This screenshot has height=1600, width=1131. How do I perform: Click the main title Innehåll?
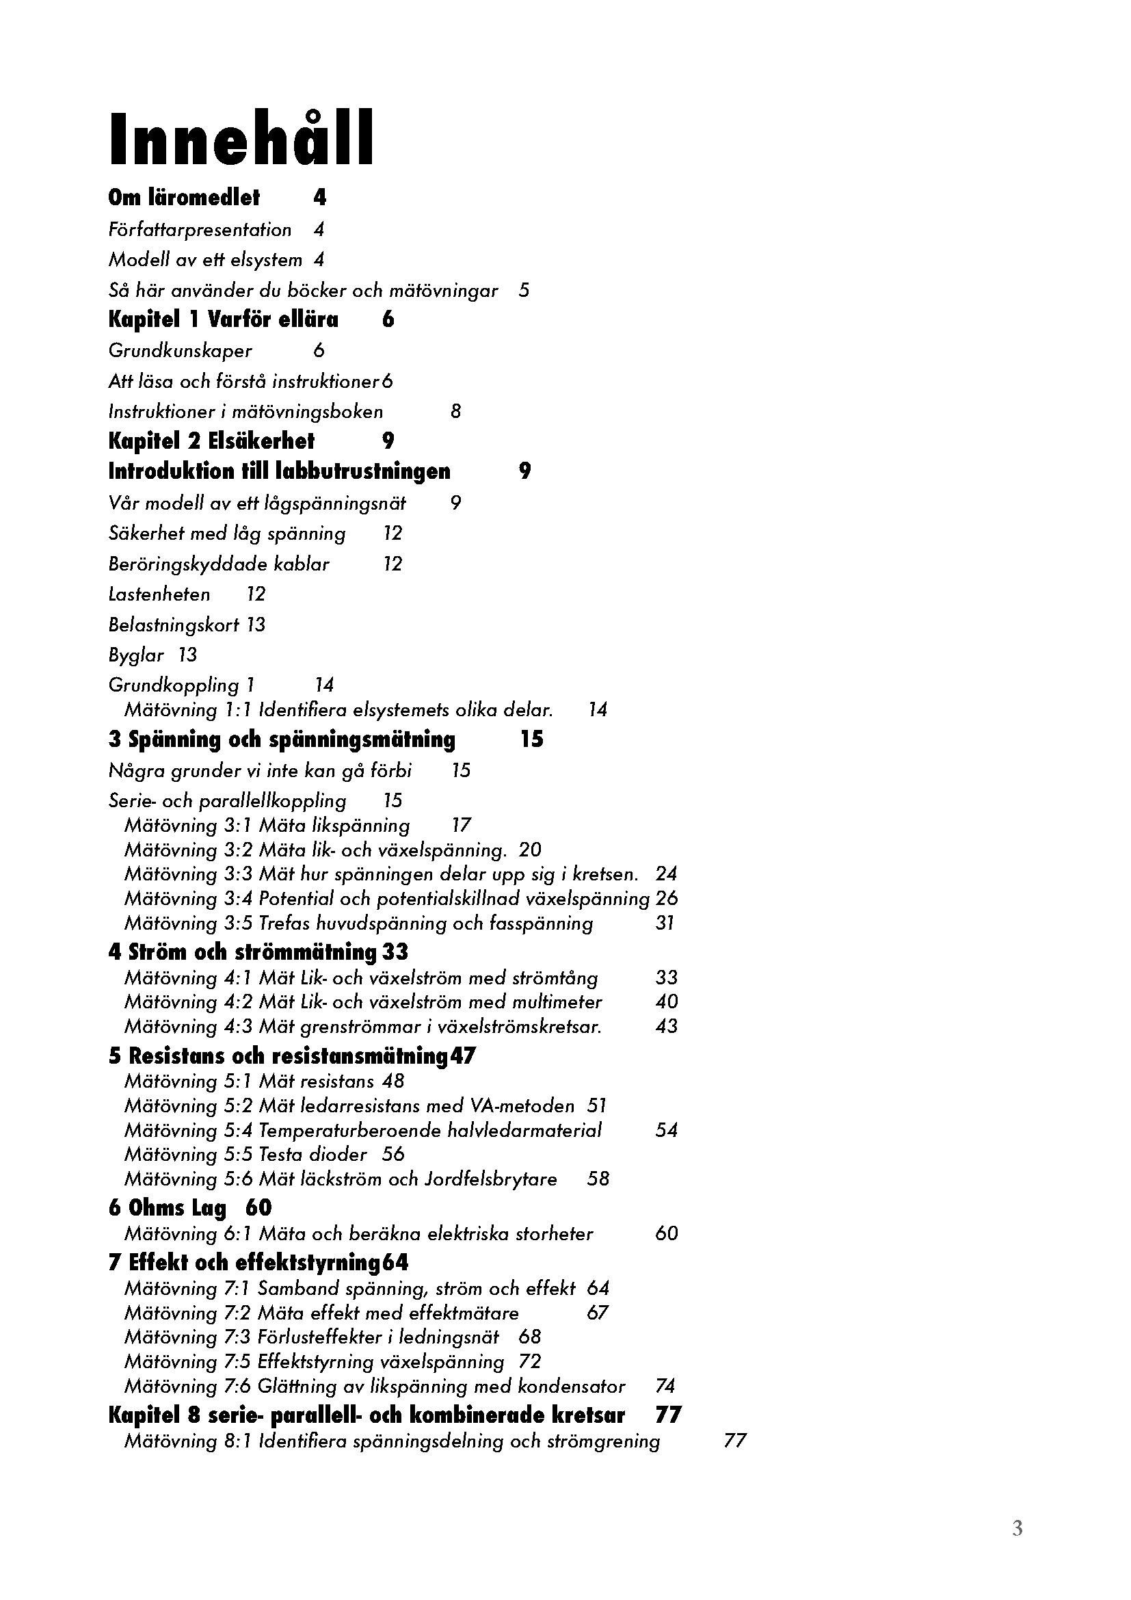[x=241, y=140]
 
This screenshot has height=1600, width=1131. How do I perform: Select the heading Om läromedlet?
[x=184, y=198]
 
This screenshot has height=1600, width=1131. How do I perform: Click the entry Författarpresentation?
[x=200, y=229]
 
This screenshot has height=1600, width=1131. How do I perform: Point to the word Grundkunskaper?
[x=180, y=350]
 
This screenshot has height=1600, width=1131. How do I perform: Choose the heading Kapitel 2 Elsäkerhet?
[x=211, y=441]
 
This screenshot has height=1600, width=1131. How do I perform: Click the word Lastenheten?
[x=159, y=594]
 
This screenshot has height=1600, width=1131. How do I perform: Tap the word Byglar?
[x=136, y=655]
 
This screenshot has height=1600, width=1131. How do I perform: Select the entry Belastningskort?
[x=174, y=625]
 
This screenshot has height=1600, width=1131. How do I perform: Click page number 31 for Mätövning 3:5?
[x=665, y=923]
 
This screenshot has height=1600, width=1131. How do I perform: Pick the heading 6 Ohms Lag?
[x=167, y=1207]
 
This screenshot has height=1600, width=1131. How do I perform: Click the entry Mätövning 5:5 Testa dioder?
[x=245, y=1155]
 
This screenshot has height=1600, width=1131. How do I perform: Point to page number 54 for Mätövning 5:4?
[x=666, y=1130]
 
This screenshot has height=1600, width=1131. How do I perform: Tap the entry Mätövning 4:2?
[x=363, y=1002]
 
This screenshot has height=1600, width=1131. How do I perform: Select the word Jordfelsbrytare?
[x=490, y=1179]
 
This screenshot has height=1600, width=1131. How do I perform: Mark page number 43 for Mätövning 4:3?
[x=666, y=1026]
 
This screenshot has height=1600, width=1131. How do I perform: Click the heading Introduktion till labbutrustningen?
[x=278, y=472]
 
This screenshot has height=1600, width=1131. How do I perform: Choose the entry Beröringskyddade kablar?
[x=219, y=564]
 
